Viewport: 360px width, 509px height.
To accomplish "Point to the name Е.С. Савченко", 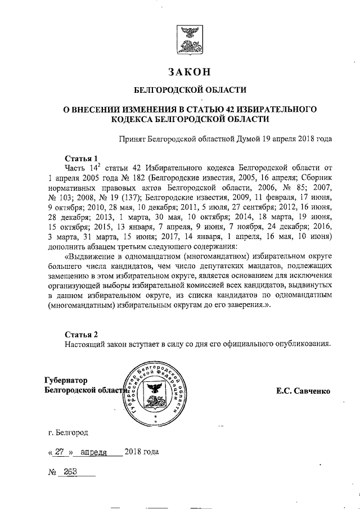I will [303, 390].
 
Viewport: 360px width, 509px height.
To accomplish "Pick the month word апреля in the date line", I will [94, 452].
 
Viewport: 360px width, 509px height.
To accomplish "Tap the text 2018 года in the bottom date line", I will [141, 452].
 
